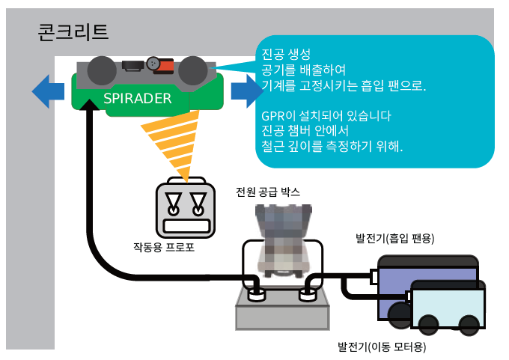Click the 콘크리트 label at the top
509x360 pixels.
point(73,31)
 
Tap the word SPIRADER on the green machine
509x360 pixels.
point(137,98)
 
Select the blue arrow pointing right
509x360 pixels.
point(243,91)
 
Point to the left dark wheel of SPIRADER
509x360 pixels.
point(100,72)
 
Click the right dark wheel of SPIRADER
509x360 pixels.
point(192,70)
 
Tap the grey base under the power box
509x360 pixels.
point(281,311)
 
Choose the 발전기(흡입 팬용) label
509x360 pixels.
point(395,238)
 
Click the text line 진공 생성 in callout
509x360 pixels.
point(286,54)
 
